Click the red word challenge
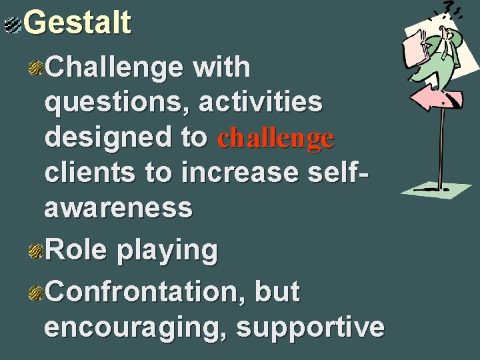click(276, 138)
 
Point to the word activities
click(263, 103)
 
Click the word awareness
click(119, 207)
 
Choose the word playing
click(167, 251)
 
